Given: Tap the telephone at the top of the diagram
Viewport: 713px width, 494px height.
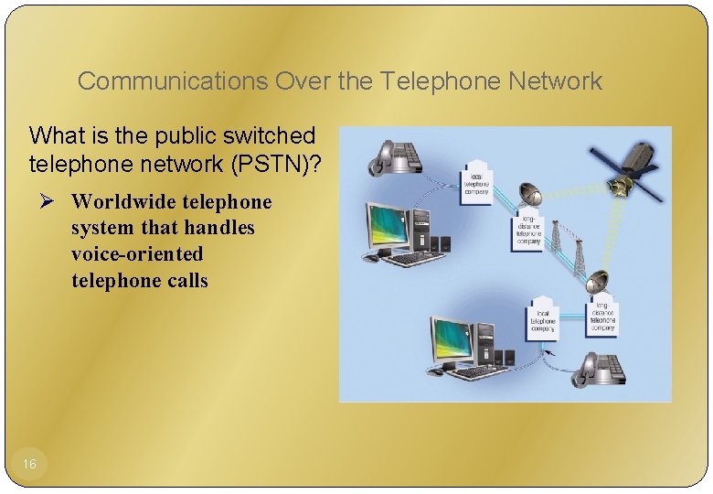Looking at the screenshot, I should (394, 156).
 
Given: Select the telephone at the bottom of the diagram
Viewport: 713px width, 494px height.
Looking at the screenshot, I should (599, 369).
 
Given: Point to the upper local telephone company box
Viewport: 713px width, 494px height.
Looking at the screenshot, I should (476, 181).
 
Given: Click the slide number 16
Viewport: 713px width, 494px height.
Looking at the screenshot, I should (29, 465).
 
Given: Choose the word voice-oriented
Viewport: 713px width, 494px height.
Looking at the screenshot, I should (137, 253).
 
